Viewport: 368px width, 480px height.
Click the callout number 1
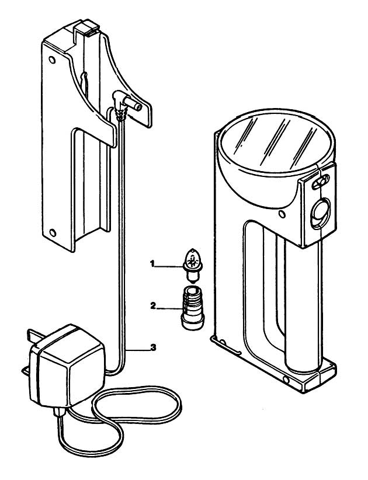coord(152,263)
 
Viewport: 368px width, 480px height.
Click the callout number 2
coord(153,305)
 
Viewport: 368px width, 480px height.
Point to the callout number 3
coord(153,347)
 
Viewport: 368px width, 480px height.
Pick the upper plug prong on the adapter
coord(34,334)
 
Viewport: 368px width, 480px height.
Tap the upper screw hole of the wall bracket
coord(53,60)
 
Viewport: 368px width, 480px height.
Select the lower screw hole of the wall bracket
coord(53,233)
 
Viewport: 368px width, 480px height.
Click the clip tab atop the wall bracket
coord(86,27)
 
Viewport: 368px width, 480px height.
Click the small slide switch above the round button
coord(320,182)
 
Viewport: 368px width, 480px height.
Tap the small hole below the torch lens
coord(282,214)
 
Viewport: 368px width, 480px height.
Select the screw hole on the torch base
coord(286,380)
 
